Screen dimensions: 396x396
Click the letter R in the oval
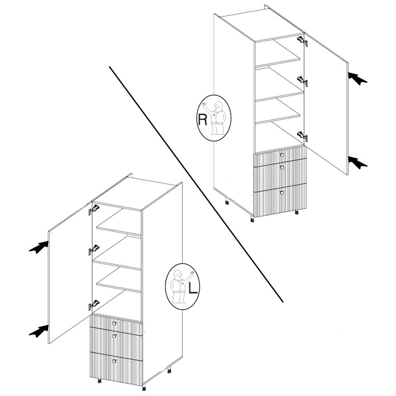[x=202, y=120]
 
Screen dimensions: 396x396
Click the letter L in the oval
[x=193, y=288]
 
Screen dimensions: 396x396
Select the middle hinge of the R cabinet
[x=303, y=81]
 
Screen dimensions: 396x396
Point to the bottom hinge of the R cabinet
[x=303, y=136]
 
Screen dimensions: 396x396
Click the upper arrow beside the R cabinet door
[x=357, y=78]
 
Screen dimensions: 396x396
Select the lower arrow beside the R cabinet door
[x=357, y=162]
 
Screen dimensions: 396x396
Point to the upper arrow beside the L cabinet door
[x=39, y=247]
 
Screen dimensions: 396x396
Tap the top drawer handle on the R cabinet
[x=282, y=154]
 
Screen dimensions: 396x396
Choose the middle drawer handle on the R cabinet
[x=282, y=167]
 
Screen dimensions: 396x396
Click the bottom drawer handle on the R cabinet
[x=282, y=192]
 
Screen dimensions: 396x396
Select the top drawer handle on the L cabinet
[x=114, y=324]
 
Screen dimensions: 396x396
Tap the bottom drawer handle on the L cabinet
[x=114, y=362]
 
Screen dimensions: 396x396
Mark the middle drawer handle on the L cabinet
[x=114, y=336]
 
